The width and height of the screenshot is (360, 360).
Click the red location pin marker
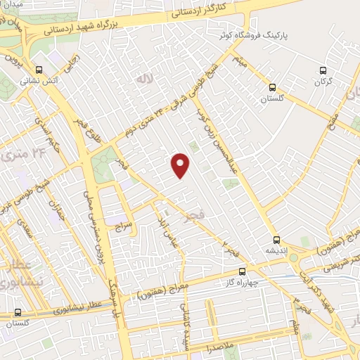[x=181, y=166]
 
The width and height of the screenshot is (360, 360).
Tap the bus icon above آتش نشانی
[x=39, y=70]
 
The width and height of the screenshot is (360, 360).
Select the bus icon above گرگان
[x=323, y=70]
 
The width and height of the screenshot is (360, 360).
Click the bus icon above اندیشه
[x=278, y=239]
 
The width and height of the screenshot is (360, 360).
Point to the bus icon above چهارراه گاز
[x=243, y=271]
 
